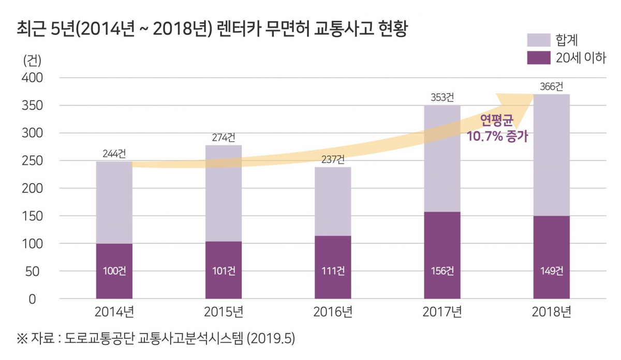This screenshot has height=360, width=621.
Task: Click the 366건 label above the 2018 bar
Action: coord(551,87)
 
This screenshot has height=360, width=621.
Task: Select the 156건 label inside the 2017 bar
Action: coord(442,271)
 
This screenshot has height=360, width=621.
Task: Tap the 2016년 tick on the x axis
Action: coord(333,312)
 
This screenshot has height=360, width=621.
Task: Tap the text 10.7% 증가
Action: coord(497,137)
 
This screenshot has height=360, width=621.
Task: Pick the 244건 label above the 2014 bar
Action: coord(114,154)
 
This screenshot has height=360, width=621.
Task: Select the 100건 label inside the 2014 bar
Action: coord(114,271)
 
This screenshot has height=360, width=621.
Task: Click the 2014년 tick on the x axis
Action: coord(114,312)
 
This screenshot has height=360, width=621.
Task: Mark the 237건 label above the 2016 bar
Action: coord(333,159)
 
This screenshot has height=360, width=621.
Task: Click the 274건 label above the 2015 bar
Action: coord(223,138)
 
